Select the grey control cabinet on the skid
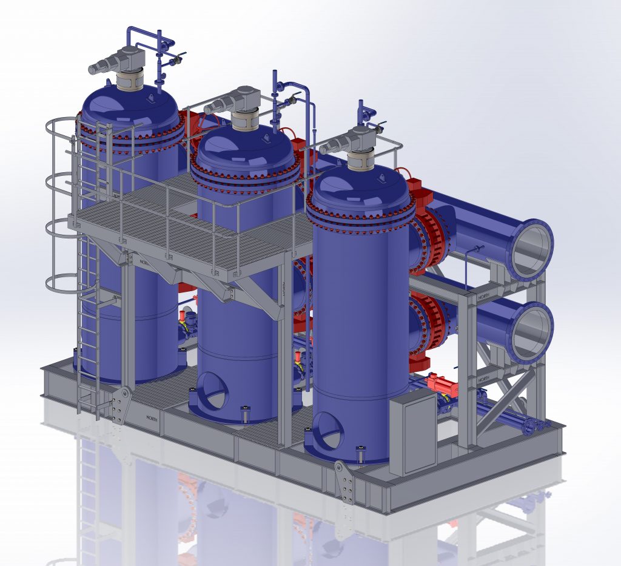pos(412,435)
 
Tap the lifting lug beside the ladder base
pos(122,404)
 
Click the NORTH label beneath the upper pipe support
pos(483,297)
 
